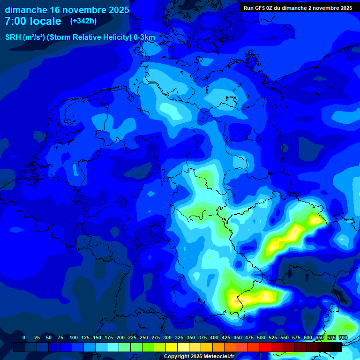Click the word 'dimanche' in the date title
25,10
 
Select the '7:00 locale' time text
33,21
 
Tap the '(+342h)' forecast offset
83,21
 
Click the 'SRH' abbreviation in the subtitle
13,37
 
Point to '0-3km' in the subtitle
144,37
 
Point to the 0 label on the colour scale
24,337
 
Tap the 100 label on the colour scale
74,337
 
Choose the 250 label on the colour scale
144,337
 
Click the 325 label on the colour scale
179,337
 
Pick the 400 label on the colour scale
214,337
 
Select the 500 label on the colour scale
261,337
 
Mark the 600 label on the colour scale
308,337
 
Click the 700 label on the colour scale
343,337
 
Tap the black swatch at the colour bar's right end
336,347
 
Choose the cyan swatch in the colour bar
113,347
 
